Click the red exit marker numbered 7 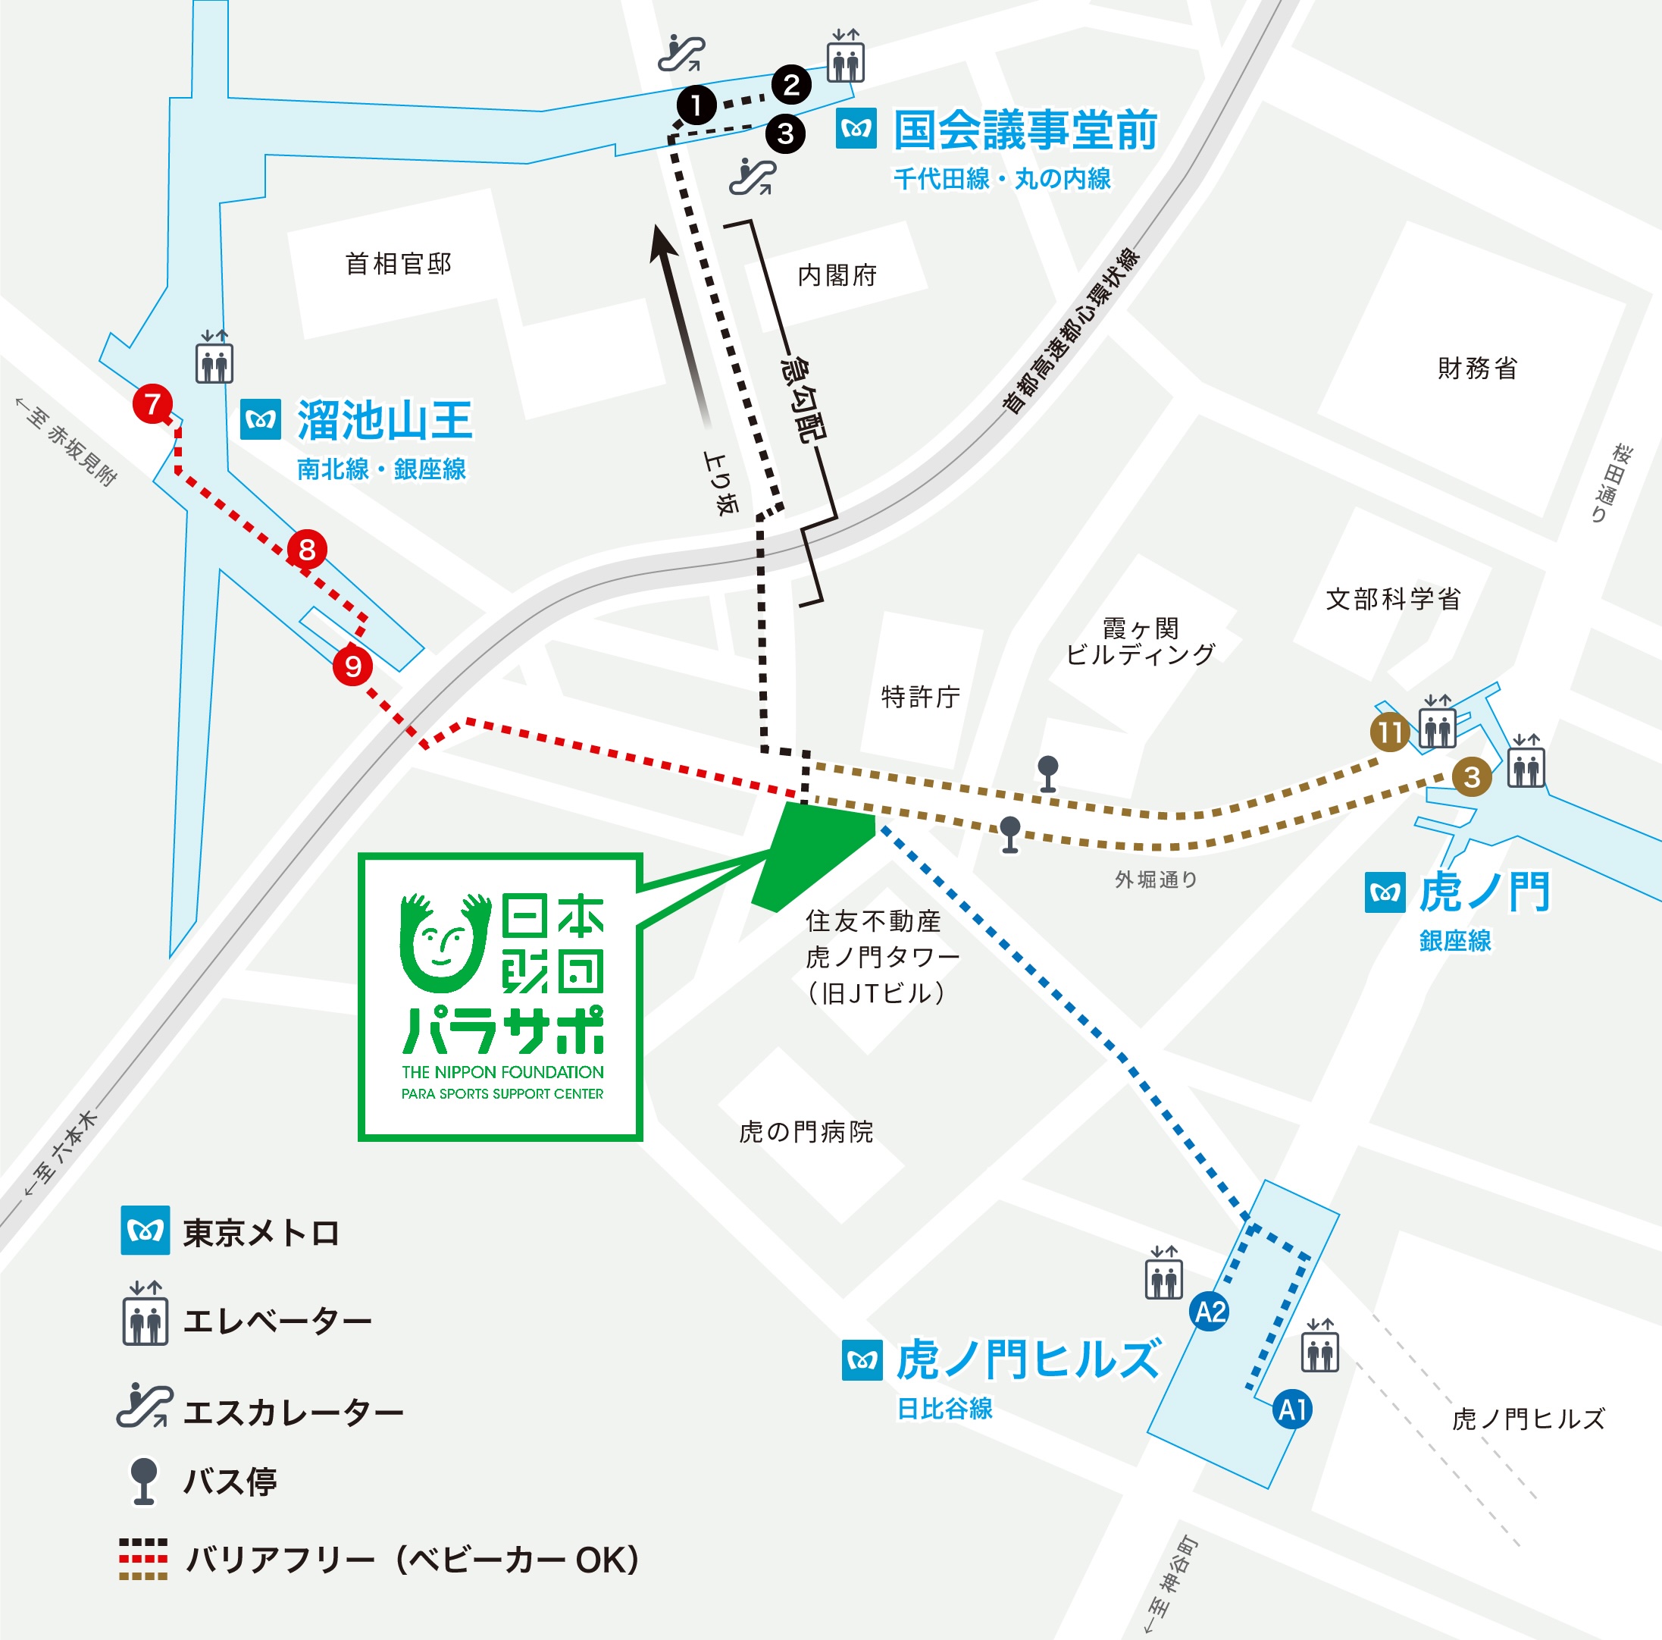click(x=152, y=403)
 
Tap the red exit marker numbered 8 click(x=307, y=550)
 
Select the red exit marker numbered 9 click(x=352, y=666)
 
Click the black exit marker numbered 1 click(x=696, y=105)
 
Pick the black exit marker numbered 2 click(x=791, y=84)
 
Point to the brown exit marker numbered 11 click(x=1390, y=732)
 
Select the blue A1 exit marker click(x=1292, y=1410)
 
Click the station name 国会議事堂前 click(x=1025, y=130)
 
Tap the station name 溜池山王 click(x=384, y=421)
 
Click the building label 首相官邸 click(x=399, y=264)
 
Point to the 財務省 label click(x=1477, y=369)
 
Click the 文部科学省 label click(x=1394, y=600)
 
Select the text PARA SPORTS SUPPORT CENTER click(x=502, y=1093)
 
